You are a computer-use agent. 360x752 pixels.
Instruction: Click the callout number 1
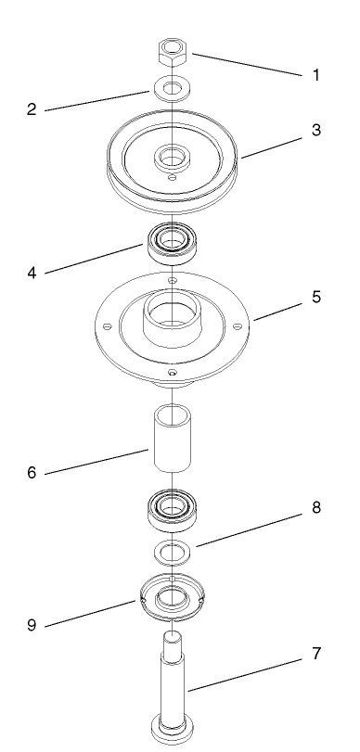pos(316,75)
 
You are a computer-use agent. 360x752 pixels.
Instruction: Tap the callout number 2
pos(31,108)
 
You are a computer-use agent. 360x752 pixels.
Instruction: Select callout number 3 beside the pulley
pos(316,131)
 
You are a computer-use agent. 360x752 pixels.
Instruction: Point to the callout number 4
pos(32,274)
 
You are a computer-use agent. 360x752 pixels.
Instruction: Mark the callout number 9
pos(32,623)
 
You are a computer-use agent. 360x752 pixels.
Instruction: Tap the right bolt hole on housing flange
pos(238,325)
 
